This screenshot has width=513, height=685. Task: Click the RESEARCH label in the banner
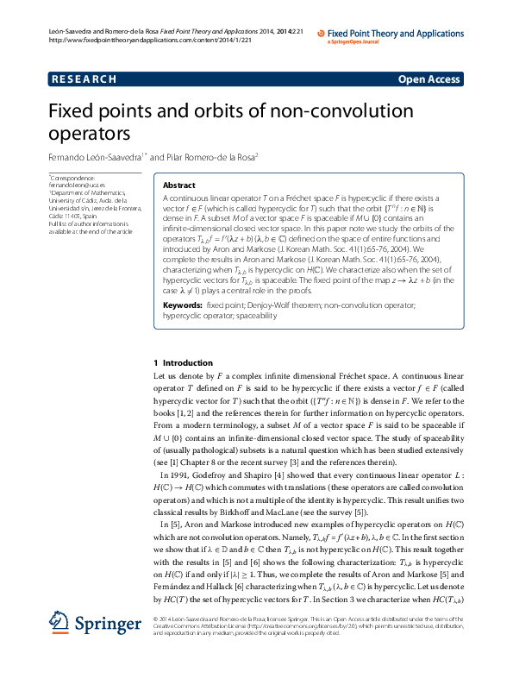point(84,79)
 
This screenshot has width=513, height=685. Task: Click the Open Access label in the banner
point(429,79)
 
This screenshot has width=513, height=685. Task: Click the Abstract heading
point(179,185)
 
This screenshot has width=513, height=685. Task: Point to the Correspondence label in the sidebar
point(75,177)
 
